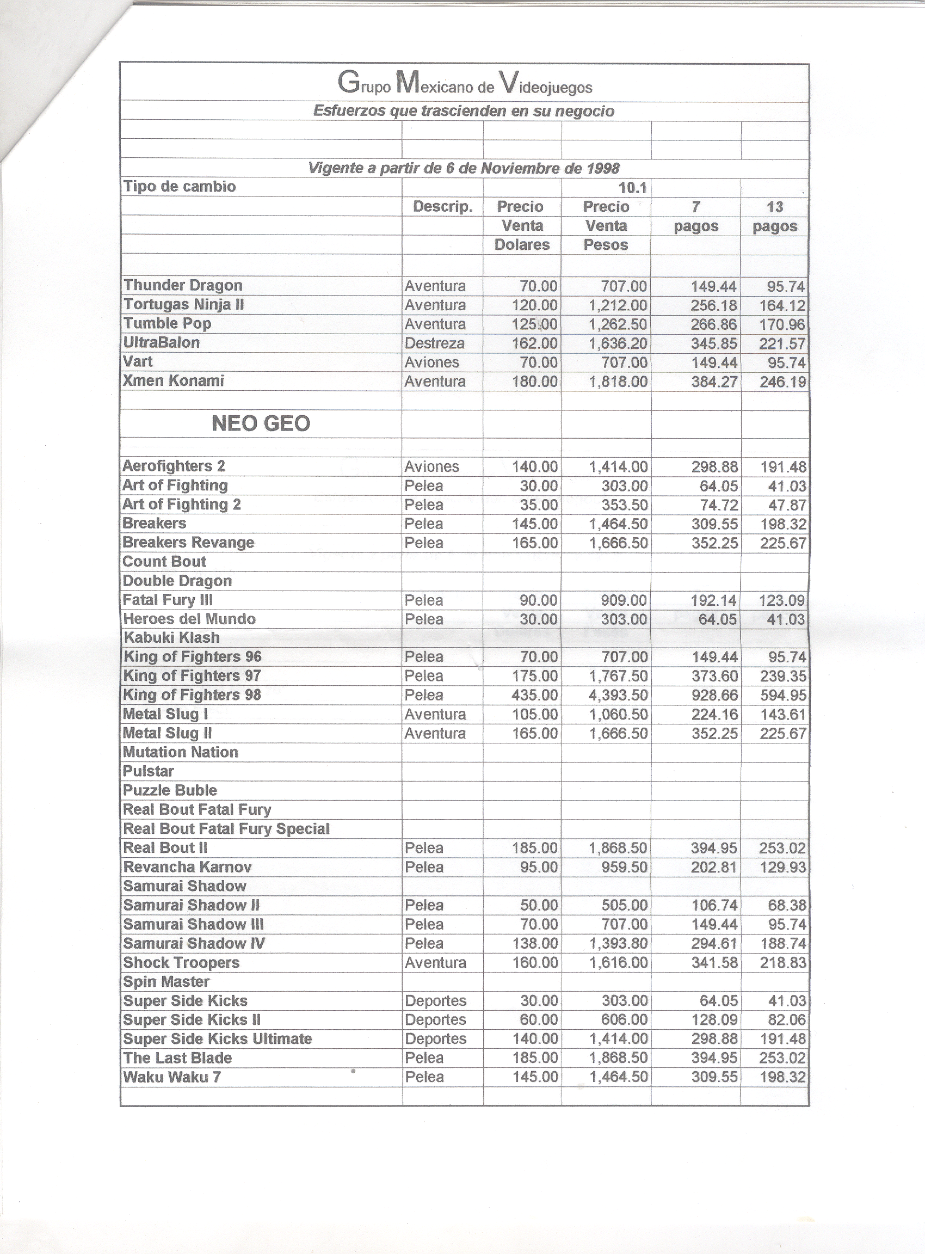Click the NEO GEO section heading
pos(261,423)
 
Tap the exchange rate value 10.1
pos(633,188)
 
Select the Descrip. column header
pos(443,207)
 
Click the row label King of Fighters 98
pos(192,694)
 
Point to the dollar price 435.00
pos(535,695)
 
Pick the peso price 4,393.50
pos(618,695)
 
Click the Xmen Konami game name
pos(174,381)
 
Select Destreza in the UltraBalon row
pos(435,343)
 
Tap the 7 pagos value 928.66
pos(714,695)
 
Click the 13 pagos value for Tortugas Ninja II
pos(782,306)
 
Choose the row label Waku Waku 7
pos(172,1077)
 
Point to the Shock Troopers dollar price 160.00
pos(535,962)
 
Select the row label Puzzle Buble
pos(170,790)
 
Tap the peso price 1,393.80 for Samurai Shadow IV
pos(618,943)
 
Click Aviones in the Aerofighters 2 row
pos(431,466)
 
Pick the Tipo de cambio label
pos(179,187)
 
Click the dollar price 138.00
pos(535,943)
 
